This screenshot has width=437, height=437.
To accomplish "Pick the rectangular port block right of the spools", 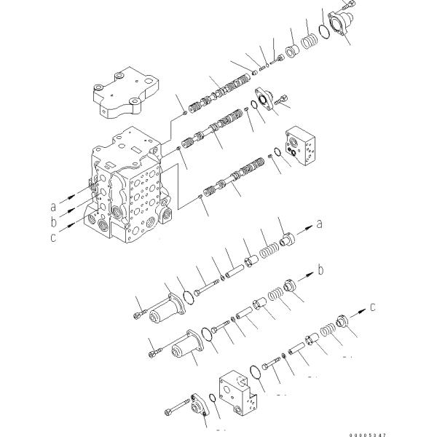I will click(x=302, y=146).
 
